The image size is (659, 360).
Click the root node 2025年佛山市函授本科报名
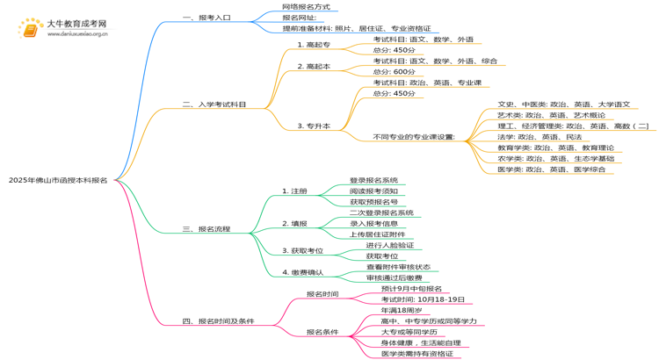(58, 180)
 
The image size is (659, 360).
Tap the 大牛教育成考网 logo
(64, 28)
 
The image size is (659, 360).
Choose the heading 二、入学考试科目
(214, 104)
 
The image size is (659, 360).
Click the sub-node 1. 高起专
(314, 45)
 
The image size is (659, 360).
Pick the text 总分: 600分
(394, 72)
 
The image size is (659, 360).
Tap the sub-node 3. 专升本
(314, 126)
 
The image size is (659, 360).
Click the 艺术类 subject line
(551, 115)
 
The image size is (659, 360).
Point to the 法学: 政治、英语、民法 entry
(540, 137)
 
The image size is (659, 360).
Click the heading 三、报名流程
(206, 229)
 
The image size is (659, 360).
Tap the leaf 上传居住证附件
(378, 234)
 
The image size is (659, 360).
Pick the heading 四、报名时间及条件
(218, 321)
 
